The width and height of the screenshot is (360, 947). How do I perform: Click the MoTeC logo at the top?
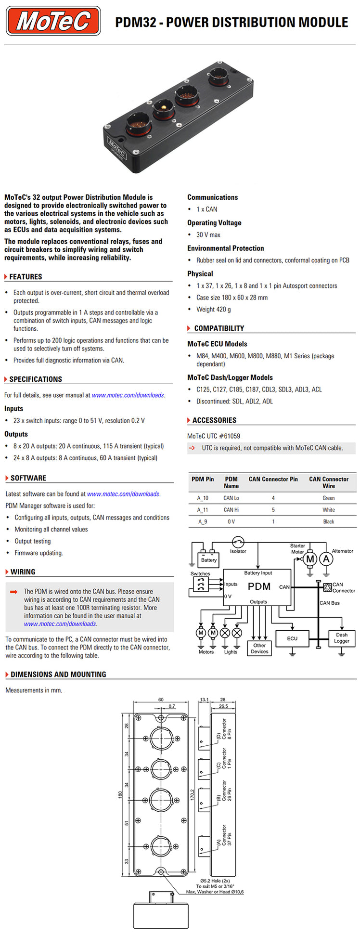pyautogui.click(x=53, y=21)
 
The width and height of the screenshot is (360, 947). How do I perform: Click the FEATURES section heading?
pyautogui.click(x=26, y=277)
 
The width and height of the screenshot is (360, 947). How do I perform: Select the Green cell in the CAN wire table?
pyautogui.click(x=329, y=498)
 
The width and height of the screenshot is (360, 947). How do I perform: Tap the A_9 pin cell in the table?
pyautogui.click(x=203, y=522)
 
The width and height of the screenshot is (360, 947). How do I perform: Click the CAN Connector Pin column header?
pyautogui.click(x=273, y=480)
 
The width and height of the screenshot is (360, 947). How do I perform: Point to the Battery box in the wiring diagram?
pyautogui.click(x=208, y=559)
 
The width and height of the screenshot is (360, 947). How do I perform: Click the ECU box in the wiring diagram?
pyautogui.click(x=292, y=638)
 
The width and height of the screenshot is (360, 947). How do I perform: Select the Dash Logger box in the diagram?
pyautogui.click(x=342, y=638)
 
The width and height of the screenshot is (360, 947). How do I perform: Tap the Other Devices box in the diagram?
pyautogui.click(x=259, y=648)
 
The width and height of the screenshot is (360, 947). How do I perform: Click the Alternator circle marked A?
pyautogui.click(x=326, y=559)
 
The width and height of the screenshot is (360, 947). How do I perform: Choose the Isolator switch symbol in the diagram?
pyautogui.click(x=238, y=543)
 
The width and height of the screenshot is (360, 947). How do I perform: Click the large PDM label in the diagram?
pyautogui.click(x=259, y=586)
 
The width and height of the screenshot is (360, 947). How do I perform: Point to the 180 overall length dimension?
pyautogui.click(x=120, y=794)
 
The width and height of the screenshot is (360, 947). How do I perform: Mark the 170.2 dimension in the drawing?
pyautogui.click(x=193, y=794)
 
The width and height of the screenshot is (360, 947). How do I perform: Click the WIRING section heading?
pyautogui.click(x=23, y=572)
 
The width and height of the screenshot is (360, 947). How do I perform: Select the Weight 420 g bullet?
pyautogui.click(x=213, y=310)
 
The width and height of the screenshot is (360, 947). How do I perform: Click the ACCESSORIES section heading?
pyautogui.click(x=214, y=420)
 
